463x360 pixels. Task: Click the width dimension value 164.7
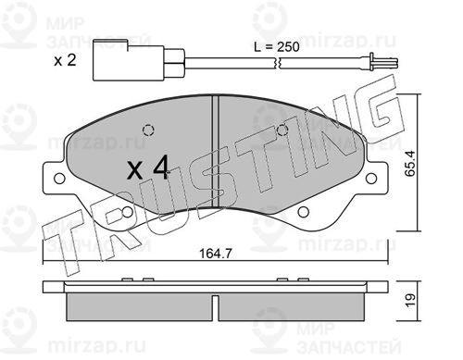[x=215, y=254]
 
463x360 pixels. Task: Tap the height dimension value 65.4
[x=410, y=163]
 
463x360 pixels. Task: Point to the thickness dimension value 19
[x=410, y=300]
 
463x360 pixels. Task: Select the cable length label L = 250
[x=277, y=47]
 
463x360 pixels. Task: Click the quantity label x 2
[x=65, y=60]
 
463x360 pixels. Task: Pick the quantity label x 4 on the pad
[x=148, y=168]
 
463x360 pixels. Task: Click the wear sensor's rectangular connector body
[x=128, y=60]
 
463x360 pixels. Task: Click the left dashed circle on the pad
[x=148, y=130]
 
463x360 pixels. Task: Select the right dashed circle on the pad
[x=282, y=130]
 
